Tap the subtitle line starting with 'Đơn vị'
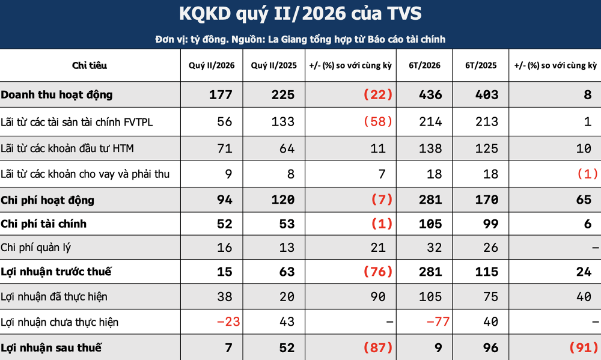click(300, 39)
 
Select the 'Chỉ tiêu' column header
click(90, 65)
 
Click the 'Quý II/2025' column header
click(273, 66)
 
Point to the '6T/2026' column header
click(424, 66)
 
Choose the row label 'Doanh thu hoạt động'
click(56, 95)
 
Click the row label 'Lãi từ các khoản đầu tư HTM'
click(67, 148)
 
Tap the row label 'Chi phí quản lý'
click(35, 248)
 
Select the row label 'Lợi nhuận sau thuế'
click(51, 348)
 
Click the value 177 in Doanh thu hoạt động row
click(221, 95)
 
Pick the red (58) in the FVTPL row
click(378, 121)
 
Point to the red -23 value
click(228, 322)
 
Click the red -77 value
click(438, 322)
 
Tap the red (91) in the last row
click(584, 348)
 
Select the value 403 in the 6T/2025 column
click(487, 95)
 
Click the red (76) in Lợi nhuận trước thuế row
click(378, 272)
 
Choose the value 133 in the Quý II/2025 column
click(283, 121)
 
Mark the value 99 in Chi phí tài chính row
click(490, 224)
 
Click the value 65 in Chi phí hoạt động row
click(584, 200)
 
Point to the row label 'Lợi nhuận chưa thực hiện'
click(59, 322)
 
